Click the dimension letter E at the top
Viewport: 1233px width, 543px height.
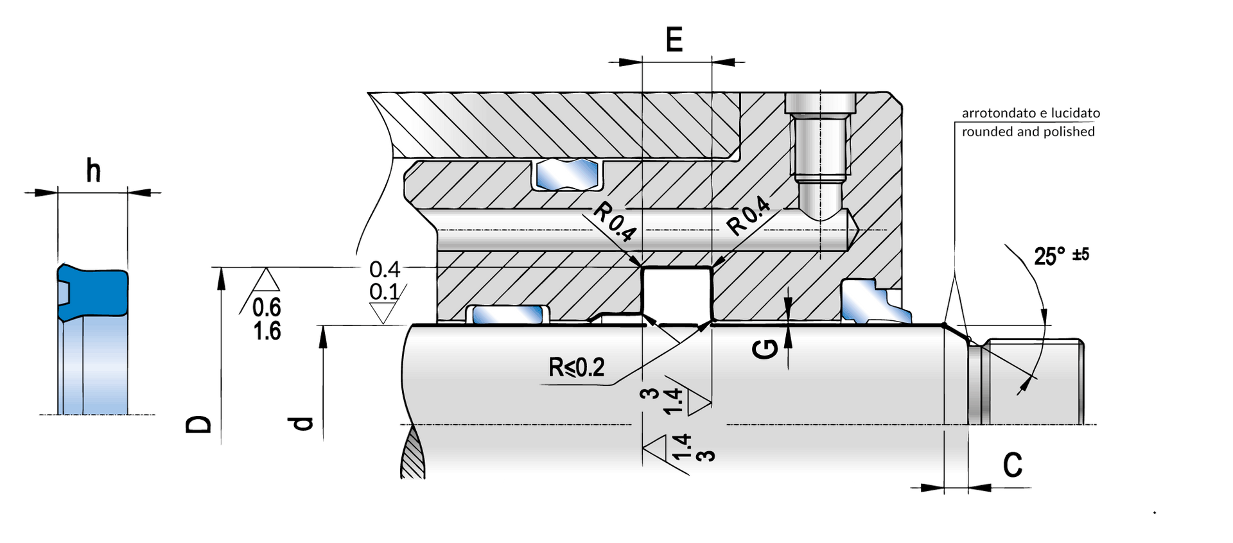[674, 40]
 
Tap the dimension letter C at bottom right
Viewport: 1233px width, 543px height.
[1013, 465]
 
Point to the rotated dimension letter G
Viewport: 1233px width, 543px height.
[765, 349]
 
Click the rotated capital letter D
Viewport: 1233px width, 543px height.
[198, 424]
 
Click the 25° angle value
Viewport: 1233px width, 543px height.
[1049, 256]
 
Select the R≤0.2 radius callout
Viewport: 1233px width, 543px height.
[577, 367]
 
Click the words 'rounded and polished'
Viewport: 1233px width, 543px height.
[1028, 132]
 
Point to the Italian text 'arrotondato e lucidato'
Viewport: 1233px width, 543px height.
[1031, 113]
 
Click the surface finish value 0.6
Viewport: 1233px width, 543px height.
[267, 307]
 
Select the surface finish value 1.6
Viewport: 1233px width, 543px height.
[267, 331]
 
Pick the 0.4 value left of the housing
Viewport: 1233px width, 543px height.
[385, 269]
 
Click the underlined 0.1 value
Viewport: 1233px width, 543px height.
[384, 291]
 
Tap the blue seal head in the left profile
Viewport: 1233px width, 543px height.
[92, 292]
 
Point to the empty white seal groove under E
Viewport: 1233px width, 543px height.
[676, 292]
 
